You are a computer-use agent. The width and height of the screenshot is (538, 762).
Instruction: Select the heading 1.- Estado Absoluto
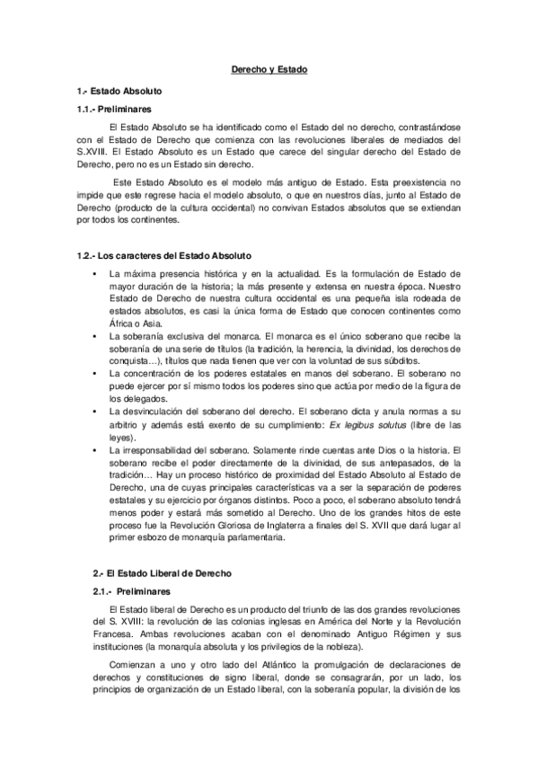[x=119, y=92]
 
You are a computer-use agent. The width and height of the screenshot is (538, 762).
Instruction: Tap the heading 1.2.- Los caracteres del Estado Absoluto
[x=164, y=256]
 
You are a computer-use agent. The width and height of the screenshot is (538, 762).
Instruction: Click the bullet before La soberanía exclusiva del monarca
[x=93, y=336]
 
